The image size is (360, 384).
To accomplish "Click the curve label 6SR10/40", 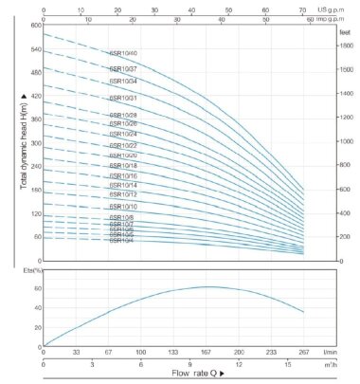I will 124,53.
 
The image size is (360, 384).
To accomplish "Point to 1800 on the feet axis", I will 345,45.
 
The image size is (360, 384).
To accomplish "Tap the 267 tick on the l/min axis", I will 304,350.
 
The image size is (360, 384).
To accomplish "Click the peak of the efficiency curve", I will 208,286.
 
